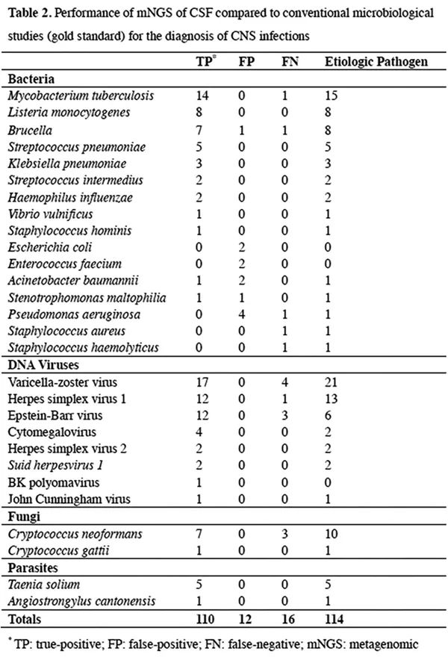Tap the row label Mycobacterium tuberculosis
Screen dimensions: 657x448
[66, 96]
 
